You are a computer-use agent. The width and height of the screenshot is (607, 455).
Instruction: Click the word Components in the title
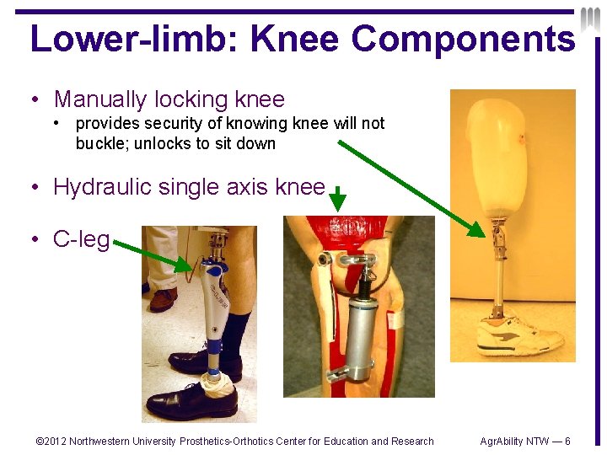(x=462, y=40)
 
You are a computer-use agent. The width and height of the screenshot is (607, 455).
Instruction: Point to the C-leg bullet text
(x=81, y=239)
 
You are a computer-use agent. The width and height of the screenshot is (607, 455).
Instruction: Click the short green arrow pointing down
(x=336, y=201)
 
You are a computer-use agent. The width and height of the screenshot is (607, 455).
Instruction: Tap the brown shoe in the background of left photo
(x=163, y=299)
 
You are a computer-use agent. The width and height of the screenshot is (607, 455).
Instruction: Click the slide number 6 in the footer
(x=567, y=441)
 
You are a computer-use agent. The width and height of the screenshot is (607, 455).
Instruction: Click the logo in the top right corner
(x=591, y=19)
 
